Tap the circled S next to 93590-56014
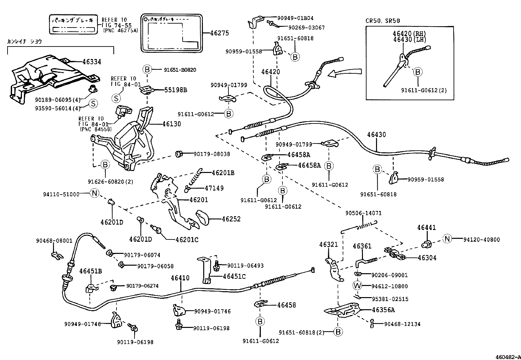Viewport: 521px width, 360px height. pos(93,104)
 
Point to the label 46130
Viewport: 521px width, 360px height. pos(171,124)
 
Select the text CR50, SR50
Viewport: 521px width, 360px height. pos(383,21)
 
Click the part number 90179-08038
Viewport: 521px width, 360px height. pos(211,154)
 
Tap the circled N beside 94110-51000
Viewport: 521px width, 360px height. pos(94,193)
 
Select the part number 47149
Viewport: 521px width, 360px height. pos(214,188)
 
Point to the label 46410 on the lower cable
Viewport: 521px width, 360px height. pos(180,278)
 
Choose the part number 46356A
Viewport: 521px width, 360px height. pos(384,310)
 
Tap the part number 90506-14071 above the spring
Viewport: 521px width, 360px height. pos(363,213)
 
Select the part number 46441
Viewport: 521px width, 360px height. pos(426,227)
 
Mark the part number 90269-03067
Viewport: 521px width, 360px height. pos(306,28)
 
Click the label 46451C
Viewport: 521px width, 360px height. pos(234,276)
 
